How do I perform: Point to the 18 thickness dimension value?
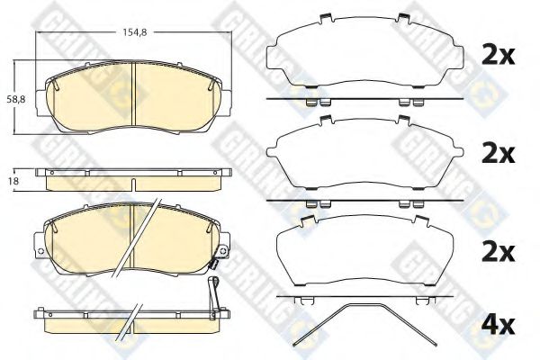(13, 181)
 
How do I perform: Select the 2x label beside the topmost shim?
(499, 55)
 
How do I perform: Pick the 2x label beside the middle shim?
(499, 153)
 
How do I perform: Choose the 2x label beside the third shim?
(499, 252)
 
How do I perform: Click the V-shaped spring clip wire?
(365, 305)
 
